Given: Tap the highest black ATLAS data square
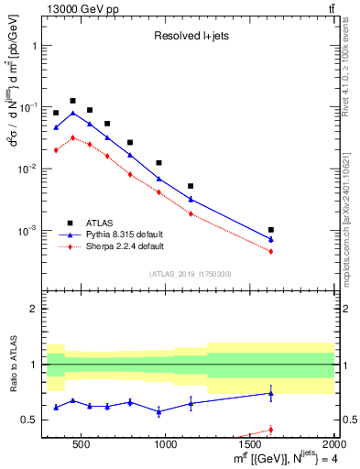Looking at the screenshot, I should (x=72, y=101).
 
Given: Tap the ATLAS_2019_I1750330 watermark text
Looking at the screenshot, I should (x=191, y=274).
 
